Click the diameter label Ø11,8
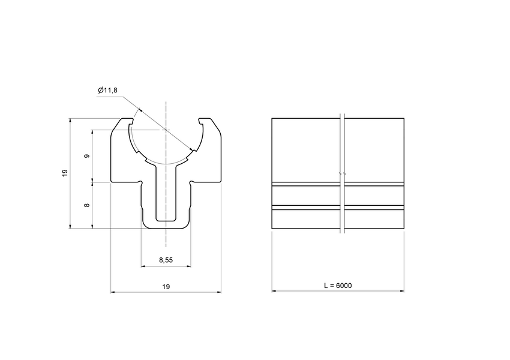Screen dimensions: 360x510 108,91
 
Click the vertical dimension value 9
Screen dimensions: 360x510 88,155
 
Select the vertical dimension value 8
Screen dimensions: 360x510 88,205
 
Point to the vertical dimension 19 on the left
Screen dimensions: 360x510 65,173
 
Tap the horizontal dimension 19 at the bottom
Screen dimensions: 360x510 166,287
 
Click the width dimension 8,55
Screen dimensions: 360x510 166,260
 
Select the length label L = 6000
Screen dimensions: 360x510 338,286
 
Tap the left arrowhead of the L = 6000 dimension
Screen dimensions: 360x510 274,292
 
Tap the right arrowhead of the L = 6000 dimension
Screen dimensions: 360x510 402,292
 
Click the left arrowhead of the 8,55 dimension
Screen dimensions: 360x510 143,266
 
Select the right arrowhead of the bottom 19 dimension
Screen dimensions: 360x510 219,292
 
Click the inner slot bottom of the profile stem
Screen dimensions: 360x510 166,220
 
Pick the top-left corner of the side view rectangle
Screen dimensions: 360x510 272,118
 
